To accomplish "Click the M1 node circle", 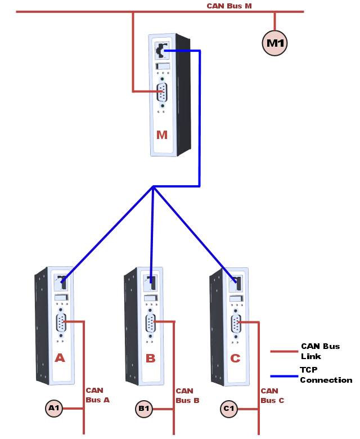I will click(275, 43).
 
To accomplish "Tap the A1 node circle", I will click(54, 409).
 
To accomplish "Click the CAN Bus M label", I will click(229, 6).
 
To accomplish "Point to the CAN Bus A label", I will click(97, 395).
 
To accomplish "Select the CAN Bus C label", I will click(272, 396).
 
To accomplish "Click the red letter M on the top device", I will click(162, 135).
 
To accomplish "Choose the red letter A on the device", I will click(60, 358).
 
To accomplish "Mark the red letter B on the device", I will click(150, 359).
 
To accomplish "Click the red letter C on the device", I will click(235, 359).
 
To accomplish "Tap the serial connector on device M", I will click(162, 92).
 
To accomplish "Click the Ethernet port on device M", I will click(162, 51).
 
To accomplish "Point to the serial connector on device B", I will click(150, 323).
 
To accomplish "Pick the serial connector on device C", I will click(235, 324).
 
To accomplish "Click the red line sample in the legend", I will click(283, 351).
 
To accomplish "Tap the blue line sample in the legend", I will click(283, 375).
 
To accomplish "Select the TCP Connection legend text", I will click(326, 375).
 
